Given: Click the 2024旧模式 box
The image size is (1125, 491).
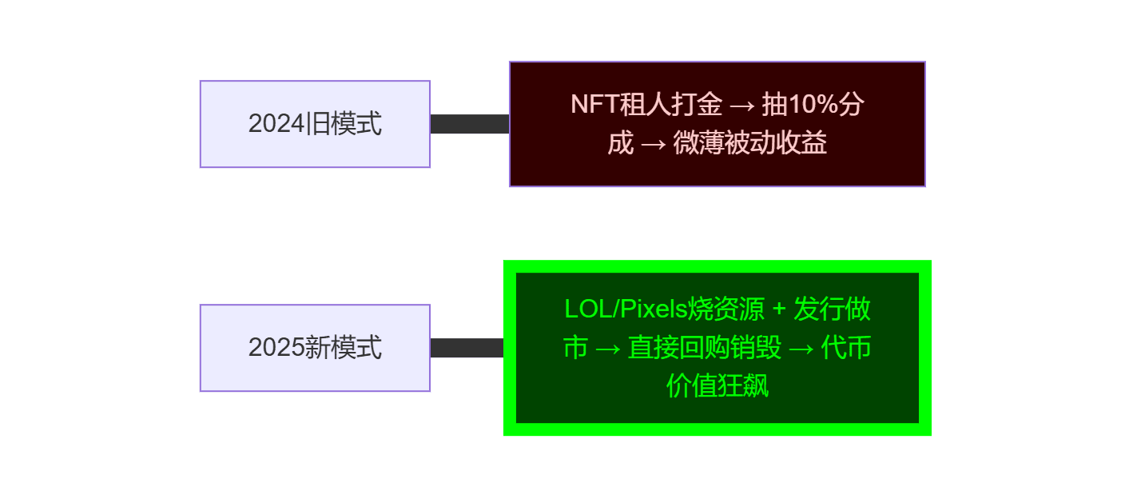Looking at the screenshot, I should tap(315, 124).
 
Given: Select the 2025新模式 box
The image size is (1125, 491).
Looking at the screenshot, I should tap(315, 348).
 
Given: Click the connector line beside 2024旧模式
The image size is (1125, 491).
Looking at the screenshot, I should tap(470, 124).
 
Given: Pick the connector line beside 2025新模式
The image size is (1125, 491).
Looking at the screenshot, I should tap(467, 348).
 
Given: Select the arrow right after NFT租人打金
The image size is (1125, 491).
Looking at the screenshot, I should tap(741, 105).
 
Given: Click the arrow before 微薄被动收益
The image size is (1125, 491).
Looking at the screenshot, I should tap(653, 144).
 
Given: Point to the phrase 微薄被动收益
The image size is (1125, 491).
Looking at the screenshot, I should tap(749, 144).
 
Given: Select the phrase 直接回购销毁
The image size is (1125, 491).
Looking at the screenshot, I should tap(704, 348).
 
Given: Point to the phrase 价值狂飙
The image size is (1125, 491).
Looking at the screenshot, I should tap(717, 387).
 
